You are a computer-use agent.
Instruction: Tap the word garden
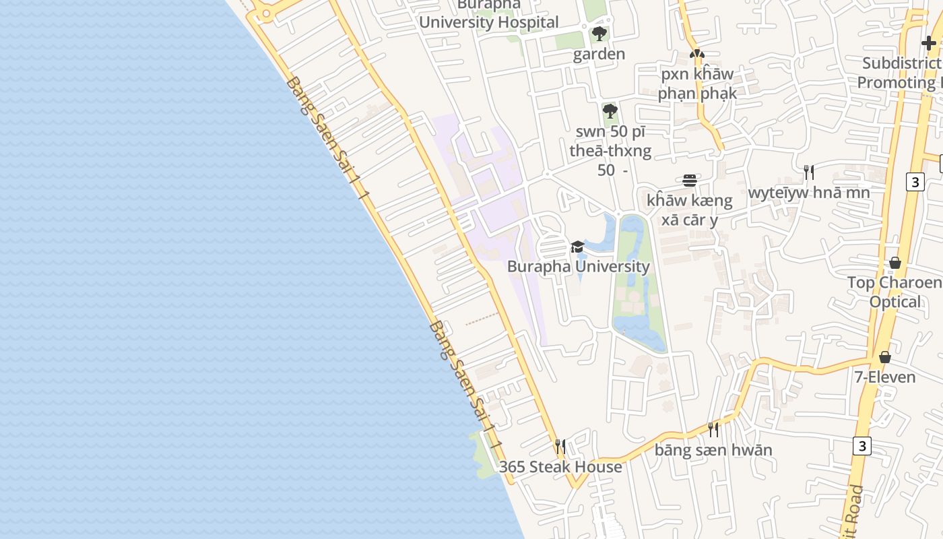599,54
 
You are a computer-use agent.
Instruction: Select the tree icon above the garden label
599,34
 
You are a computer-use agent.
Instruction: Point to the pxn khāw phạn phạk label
697,84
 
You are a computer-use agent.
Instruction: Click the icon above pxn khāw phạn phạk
697,54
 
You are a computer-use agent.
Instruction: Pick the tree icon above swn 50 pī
610,111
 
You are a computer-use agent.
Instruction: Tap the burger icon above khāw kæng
689,181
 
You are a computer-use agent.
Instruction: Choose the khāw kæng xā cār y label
689,210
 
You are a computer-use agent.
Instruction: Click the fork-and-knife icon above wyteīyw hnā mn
809,172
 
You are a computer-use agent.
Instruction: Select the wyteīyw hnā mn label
809,193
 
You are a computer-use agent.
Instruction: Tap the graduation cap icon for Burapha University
577,247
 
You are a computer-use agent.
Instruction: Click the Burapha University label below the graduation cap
578,266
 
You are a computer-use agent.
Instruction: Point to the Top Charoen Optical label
895,292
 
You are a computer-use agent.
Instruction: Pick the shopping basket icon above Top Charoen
895,263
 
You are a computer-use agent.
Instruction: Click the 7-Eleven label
885,377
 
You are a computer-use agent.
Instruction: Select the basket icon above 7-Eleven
885,357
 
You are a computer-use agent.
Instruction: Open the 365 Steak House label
560,467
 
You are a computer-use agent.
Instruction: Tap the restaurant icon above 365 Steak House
560,446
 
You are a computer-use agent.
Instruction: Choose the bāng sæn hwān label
713,450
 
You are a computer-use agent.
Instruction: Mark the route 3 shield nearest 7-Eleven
861,445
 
